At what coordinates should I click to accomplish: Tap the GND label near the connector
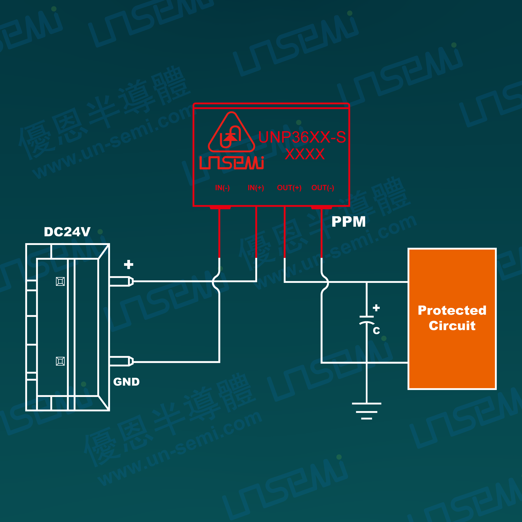126,382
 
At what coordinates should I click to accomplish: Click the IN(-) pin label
222,188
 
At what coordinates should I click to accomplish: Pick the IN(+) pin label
256,188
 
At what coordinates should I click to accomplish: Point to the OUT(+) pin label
289,188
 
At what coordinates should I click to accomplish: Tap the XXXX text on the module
305,154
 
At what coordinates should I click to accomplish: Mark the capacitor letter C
376,330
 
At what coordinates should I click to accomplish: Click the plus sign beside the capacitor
376,308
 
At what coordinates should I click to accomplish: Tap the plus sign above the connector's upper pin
129,264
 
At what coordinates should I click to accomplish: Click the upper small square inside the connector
60,281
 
